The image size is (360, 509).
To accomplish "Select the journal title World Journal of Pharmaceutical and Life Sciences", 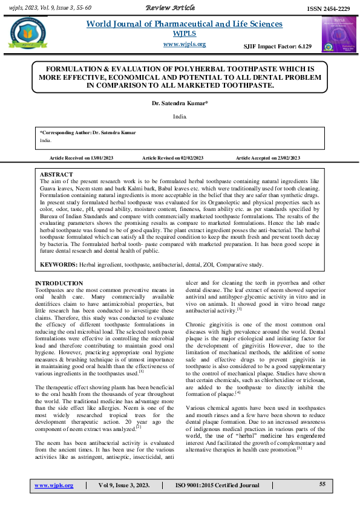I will click(185, 24).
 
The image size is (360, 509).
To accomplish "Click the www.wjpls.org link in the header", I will click(185, 44).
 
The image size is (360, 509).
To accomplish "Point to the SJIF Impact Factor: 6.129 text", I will click(277, 47).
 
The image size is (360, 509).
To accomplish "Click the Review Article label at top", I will click(170, 7).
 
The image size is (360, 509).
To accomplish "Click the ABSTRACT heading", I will click(56, 174).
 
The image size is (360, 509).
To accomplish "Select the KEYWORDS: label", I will click(59, 265).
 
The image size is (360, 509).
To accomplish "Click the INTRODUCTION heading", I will click(59, 283).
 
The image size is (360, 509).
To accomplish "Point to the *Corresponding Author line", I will click(88, 132).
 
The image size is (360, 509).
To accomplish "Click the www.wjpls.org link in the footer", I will click(54, 485).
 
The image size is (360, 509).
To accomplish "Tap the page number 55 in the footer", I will click(322, 484).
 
